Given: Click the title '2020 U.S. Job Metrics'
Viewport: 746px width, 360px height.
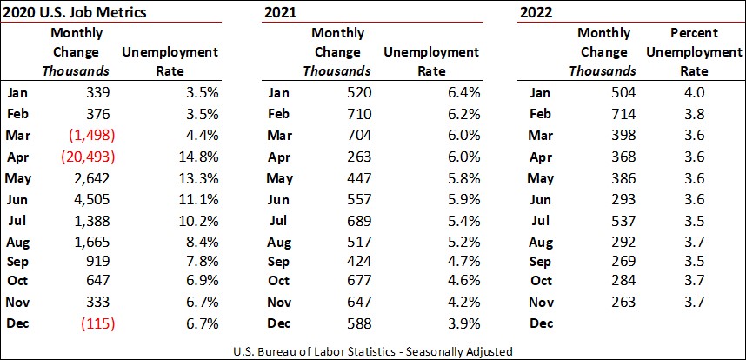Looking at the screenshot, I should (x=73, y=13).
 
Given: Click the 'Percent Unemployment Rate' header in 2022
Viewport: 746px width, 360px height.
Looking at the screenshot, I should (x=693, y=52).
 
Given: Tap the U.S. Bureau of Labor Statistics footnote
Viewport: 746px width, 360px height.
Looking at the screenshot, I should (x=372, y=350).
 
